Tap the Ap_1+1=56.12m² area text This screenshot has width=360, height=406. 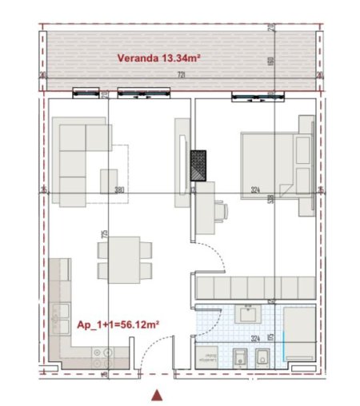(118, 325)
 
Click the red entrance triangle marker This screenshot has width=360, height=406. (158, 394)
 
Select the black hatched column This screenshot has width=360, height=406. (198, 165)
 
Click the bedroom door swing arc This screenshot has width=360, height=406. (206, 254)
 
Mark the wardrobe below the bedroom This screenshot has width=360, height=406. (254, 287)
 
